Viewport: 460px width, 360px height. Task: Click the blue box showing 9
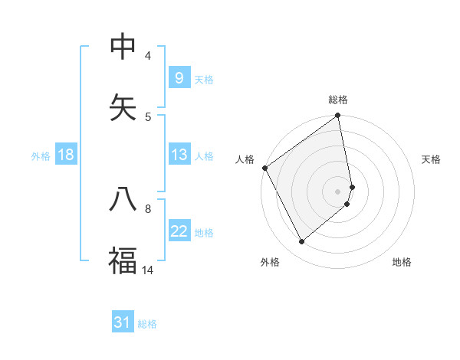coord(179,78)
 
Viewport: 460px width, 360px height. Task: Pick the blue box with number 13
coord(179,155)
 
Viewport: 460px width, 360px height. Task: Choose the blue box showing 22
coord(179,231)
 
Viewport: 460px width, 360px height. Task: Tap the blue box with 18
coord(66,155)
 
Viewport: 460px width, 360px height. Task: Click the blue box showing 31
coord(123,322)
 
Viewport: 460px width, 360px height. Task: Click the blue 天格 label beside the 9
coord(204,79)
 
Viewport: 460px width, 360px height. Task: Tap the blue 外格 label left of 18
coord(41,155)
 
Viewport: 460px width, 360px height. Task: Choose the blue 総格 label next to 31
coord(147,323)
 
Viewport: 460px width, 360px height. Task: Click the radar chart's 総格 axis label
coord(338,100)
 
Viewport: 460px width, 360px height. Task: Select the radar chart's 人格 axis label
coord(245,159)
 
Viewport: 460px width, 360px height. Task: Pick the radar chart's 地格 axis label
coord(402,262)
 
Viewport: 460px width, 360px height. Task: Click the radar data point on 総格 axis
coord(338,116)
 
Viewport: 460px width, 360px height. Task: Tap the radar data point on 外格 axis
coord(302,242)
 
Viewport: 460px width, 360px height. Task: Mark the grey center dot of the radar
coord(338,191)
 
